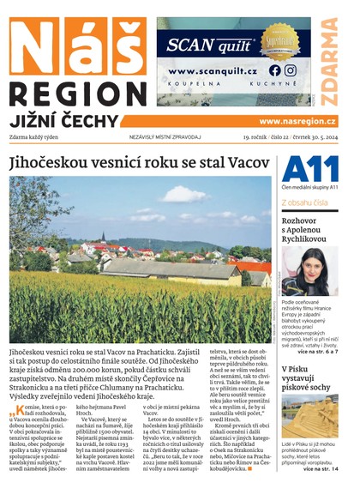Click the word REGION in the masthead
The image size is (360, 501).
[x=77, y=94]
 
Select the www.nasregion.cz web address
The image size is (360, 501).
[x=297, y=121]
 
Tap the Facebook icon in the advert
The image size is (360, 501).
[x=274, y=70]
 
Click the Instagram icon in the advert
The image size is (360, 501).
[x=291, y=70]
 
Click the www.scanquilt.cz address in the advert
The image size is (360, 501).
[x=212, y=71]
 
